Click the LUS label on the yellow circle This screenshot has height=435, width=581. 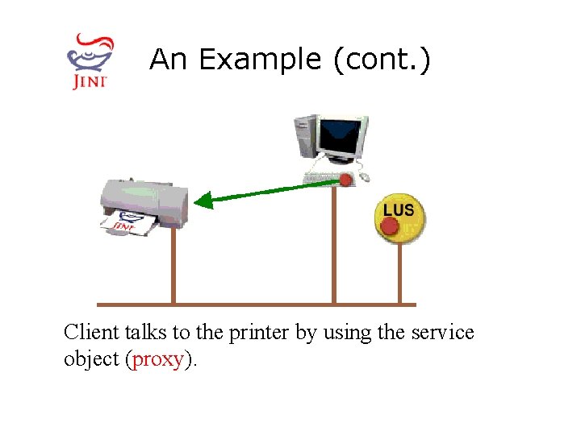(399, 209)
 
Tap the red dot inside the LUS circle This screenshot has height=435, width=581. (390, 226)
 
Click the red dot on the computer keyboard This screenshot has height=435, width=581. (346, 179)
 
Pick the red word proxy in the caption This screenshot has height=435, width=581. (157, 359)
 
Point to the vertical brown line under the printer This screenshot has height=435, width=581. (172, 266)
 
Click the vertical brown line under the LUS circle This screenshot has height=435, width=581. (399, 274)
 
